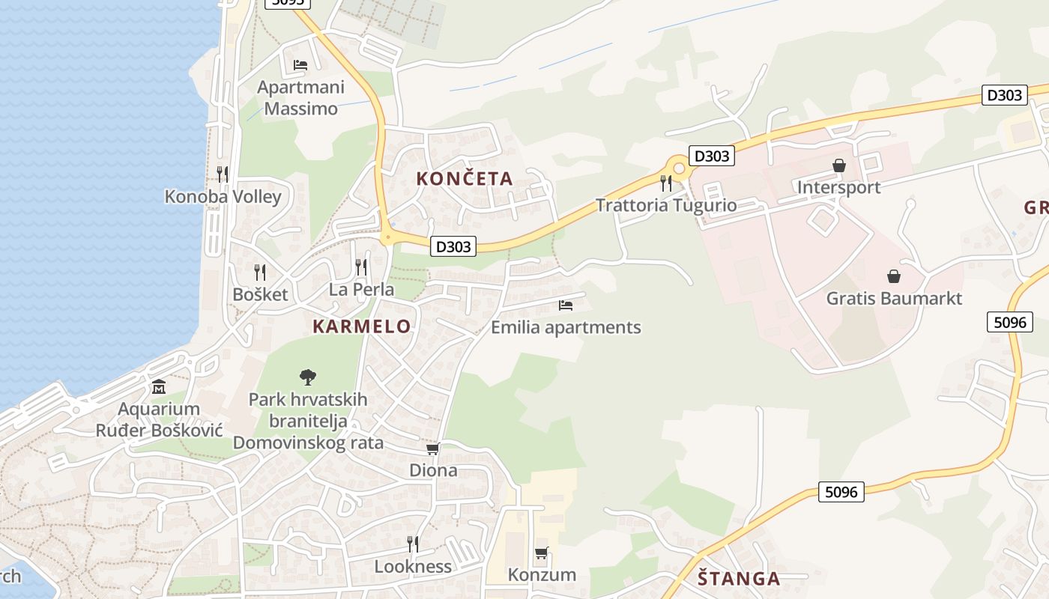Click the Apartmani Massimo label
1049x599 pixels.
click(x=300, y=98)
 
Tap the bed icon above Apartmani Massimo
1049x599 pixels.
click(x=300, y=65)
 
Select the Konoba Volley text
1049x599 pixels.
click(x=223, y=197)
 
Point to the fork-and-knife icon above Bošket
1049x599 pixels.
click(x=259, y=272)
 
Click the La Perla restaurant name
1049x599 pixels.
click(x=361, y=290)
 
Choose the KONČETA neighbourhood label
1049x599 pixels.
click(x=465, y=179)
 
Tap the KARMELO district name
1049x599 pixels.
click(x=362, y=326)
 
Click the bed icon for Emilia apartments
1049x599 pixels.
click(x=566, y=305)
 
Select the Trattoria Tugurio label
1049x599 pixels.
click(x=666, y=205)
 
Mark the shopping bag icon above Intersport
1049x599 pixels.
click(x=839, y=165)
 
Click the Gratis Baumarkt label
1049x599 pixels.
click(x=894, y=299)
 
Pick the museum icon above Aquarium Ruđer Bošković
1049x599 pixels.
click(x=159, y=387)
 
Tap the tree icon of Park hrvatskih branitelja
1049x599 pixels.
click(x=307, y=377)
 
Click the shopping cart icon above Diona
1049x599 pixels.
click(x=432, y=449)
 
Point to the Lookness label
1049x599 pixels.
click(x=413, y=567)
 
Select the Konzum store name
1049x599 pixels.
click(x=542, y=575)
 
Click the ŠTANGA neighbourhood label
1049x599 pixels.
click(x=739, y=579)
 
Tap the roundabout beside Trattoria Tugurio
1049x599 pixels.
click(x=679, y=168)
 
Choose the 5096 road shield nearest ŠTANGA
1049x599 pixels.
click(x=841, y=492)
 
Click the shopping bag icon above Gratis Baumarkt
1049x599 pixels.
click(x=893, y=276)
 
